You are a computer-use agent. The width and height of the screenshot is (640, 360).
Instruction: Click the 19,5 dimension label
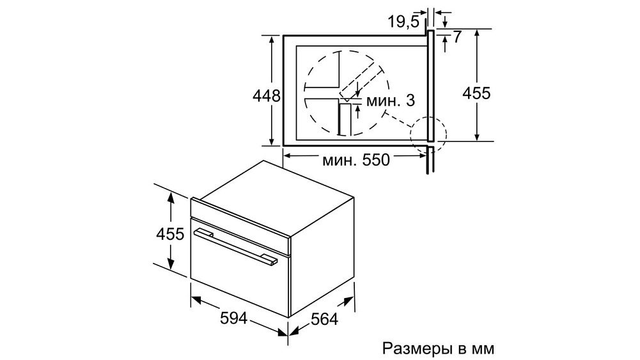(403, 22)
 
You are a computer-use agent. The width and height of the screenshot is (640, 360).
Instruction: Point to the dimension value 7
(457, 37)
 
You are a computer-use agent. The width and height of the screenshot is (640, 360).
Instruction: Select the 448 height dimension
(267, 96)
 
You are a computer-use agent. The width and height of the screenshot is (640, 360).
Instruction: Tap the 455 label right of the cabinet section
(476, 93)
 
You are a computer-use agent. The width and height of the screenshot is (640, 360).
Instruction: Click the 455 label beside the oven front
(170, 234)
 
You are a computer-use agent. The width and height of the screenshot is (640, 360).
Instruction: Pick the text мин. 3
(390, 100)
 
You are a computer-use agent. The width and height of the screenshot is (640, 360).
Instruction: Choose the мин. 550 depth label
(356, 160)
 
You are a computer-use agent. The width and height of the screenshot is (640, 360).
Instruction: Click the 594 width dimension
(233, 318)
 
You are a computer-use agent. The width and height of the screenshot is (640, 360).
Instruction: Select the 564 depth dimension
(325, 319)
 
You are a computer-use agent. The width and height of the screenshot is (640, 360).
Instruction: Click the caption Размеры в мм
(439, 349)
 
